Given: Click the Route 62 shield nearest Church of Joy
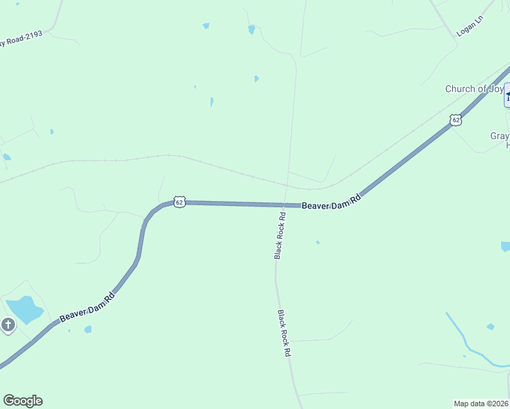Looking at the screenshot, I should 455,120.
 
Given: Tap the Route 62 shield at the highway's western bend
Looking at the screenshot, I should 179,202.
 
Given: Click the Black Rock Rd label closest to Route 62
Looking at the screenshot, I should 280,235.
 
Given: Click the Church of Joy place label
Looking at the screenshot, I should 474,89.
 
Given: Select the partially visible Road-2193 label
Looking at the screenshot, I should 20,40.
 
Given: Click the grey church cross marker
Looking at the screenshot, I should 8,324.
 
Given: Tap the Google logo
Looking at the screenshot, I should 22,401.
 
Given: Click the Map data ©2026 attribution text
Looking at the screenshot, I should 481,403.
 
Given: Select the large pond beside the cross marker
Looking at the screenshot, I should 24,309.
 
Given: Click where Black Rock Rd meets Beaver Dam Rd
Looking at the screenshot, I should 283,205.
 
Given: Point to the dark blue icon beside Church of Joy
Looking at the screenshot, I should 507,95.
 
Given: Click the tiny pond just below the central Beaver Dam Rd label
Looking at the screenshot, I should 317,242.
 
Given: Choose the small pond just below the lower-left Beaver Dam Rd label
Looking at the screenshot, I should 88,330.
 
